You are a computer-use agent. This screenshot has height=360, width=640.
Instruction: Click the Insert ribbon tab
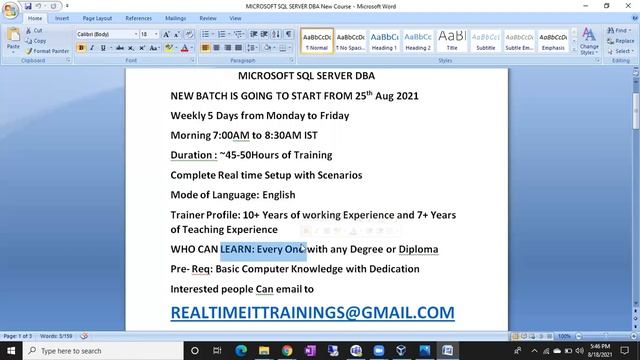pos(62,18)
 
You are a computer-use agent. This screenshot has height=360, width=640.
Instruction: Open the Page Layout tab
pos(97,18)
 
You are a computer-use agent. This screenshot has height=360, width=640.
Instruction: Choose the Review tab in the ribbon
pos(208,18)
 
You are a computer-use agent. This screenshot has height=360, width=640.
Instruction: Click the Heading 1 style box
pos(384,40)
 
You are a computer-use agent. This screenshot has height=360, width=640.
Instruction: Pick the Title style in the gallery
pos(452,40)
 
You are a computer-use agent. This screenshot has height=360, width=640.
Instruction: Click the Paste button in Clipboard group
pos(13,41)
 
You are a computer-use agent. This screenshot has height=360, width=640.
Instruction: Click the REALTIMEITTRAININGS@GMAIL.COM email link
pos(312,313)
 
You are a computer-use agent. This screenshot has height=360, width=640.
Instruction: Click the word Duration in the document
pos(192,155)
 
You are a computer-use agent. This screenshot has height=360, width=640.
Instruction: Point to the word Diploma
pos(418,249)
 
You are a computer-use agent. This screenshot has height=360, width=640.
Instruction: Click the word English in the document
pos(278,195)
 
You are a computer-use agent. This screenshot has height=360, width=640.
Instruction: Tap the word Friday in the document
pos(329,116)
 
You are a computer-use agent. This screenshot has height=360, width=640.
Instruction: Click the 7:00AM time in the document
pos(231,135)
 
